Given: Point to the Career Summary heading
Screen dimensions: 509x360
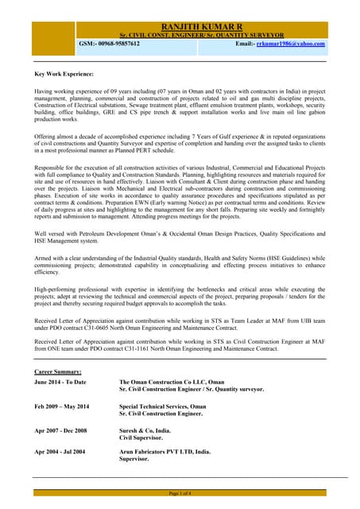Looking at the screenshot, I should [57, 371].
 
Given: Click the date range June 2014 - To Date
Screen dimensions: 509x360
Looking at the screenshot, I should [60, 383].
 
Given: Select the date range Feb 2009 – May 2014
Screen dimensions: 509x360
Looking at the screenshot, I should [61, 406].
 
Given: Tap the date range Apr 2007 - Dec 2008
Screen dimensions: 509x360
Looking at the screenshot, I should [60, 429].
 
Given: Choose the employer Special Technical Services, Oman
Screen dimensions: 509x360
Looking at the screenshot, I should [162, 406].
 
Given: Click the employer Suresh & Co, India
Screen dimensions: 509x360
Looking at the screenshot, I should [145, 429].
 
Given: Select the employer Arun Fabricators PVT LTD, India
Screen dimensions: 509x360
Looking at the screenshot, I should [165, 452].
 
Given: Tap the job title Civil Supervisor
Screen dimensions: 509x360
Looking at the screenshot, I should [142, 437].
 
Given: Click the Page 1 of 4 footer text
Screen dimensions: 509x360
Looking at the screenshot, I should [180, 494].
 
